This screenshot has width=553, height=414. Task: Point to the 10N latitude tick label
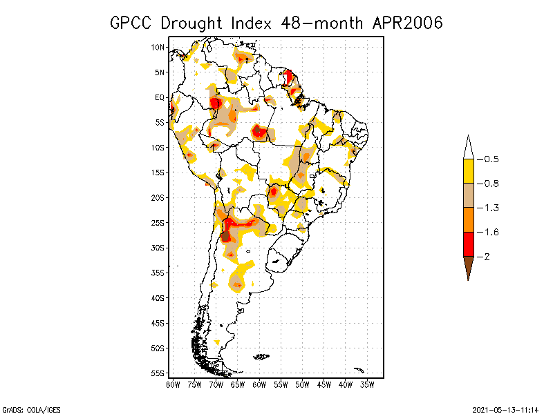coord(158,47)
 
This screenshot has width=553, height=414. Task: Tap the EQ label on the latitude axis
coord(159,97)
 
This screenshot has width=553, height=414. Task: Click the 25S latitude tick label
coord(158,223)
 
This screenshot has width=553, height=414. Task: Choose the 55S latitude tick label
coord(158,373)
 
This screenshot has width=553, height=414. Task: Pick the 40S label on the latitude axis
coord(158,298)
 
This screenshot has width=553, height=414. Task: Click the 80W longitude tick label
coord(173,384)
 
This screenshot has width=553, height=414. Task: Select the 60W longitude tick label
coord(259,384)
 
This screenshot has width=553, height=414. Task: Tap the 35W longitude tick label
coord(368,384)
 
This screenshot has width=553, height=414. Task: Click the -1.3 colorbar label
coord(491,208)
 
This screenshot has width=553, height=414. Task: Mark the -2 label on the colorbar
coord(488,257)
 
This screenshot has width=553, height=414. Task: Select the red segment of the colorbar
coord(468,244)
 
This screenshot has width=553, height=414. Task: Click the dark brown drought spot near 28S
coord(226,236)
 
